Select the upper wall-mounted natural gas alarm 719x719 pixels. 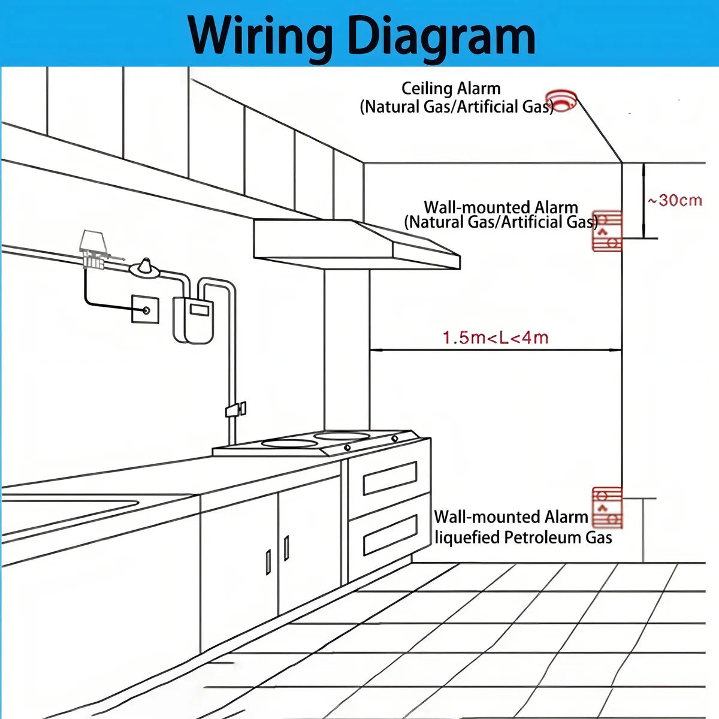(607, 231)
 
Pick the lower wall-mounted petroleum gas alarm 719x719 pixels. (607, 508)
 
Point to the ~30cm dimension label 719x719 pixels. (675, 201)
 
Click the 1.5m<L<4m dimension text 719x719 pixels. (496, 338)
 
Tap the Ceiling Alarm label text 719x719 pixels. (451, 89)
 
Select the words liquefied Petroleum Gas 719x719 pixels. (524, 537)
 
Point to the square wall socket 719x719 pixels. (145, 309)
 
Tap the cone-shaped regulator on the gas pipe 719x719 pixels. (145, 268)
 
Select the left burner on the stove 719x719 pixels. (289, 443)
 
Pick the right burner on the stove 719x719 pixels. (342, 436)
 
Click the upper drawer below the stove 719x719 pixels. (390, 478)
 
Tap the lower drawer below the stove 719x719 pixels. (390, 534)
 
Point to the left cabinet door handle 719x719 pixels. (268, 562)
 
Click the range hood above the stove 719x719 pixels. (357, 244)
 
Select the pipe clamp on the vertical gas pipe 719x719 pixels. (235, 409)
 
